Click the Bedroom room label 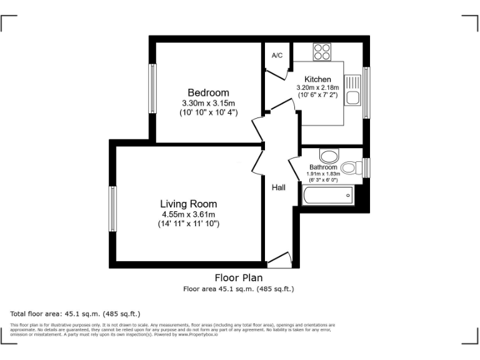[x=208, y=92]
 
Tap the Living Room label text [x=188, y=204]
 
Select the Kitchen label [x=317, y=79]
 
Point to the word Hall [x=278, y=187]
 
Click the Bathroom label [x=322, y=167]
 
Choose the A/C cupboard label [x=277, y=56]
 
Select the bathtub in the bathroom [x=327, y=196]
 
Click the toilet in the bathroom [x=352, y=167]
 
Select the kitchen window [x=366, y=92]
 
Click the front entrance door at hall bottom [x=279, y=260]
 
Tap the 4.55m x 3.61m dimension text [x=188, y=214]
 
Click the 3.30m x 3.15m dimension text [x=208, y=103]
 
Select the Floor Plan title [x=238, y=277]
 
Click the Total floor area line [x=75, y=313]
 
